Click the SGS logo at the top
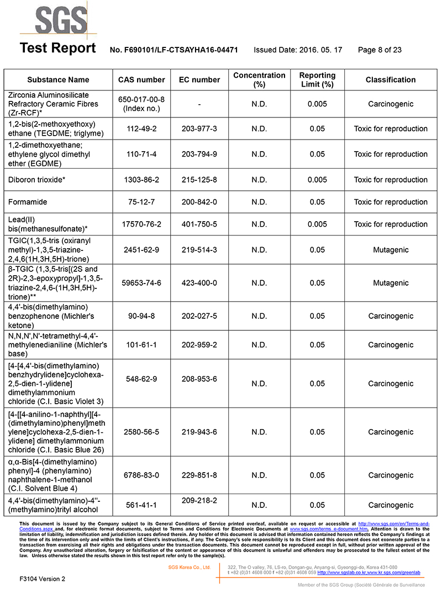tap(54, 20)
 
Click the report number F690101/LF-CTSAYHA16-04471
tap(174, 50)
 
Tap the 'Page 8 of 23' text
tap(380, 50)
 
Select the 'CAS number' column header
tap(141, 79)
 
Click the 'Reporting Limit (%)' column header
tap(317, 79)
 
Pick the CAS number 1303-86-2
tap(141, 180)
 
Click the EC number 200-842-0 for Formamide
tap(199, 202)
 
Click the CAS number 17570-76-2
tap(141, 224)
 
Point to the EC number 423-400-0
tap(199, 283)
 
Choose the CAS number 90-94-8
tap(141, 316)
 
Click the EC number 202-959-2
tap(199, 345)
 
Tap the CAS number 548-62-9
tap(141, 379)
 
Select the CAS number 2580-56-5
tap(141, 432)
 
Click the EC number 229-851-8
tap(199, 475)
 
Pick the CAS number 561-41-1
tap(141, 505)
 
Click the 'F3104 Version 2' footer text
tap(42, 579)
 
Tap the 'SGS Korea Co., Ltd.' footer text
tap(190, 567)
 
